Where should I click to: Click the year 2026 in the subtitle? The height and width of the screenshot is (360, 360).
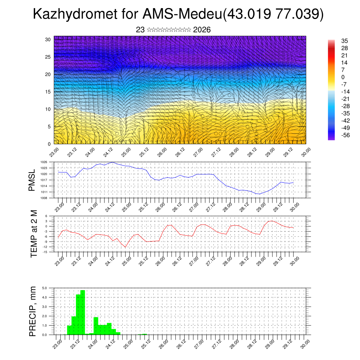[x=202, y=30]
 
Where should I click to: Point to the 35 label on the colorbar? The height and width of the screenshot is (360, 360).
[x=345, y=41]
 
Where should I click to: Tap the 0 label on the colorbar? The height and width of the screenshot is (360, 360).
[x=343, y=77]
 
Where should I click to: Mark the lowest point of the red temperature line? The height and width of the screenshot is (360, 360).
[x=125, y=247]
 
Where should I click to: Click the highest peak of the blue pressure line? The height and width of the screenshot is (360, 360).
[x=112, y=162]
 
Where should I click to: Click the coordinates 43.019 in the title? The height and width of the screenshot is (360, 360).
[x=246, y=14]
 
